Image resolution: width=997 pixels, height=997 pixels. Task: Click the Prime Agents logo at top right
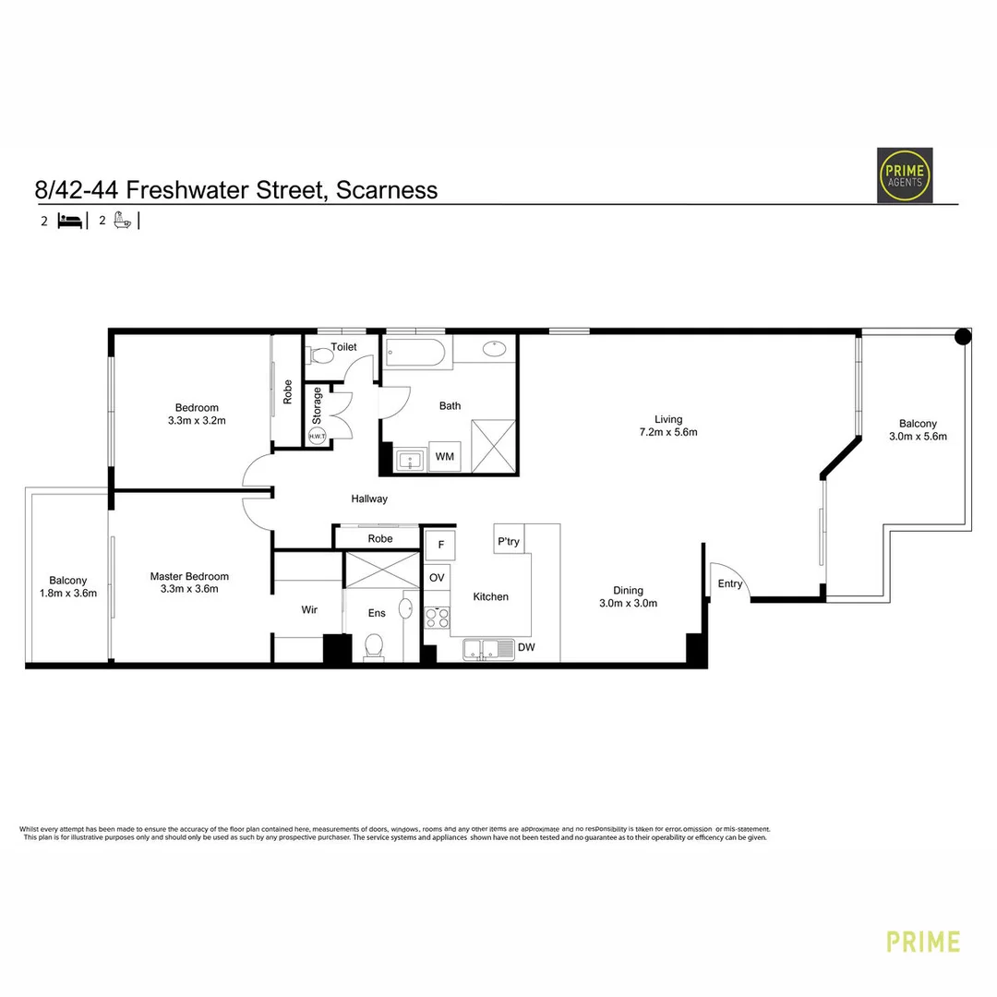(904, 175)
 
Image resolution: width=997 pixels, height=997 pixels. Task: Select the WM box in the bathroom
(445, 457)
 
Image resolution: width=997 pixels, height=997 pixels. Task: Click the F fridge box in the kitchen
(440, 545)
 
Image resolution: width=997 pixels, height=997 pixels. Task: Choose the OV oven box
(438, 577)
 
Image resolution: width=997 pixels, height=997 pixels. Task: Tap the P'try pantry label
(509, 541)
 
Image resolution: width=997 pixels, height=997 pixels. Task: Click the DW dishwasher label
(525, 648)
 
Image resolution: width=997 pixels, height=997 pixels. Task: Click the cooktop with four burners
(437, 616)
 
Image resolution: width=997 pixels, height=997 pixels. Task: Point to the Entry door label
(730, 583)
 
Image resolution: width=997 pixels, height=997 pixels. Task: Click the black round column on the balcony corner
(962, 337)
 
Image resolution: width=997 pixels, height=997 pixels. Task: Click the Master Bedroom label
(189, 576)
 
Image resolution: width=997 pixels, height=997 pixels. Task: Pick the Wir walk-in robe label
(309, 609)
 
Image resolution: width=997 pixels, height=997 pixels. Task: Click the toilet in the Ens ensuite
(375, 645)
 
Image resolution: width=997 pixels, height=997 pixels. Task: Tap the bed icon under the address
(70, 221)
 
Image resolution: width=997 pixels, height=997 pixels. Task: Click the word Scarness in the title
(387, 190)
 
